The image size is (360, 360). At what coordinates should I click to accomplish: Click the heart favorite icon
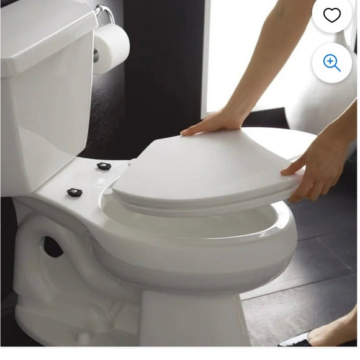332,16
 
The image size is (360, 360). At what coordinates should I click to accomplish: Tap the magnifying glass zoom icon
332,63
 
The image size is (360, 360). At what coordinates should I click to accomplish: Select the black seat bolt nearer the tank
104,166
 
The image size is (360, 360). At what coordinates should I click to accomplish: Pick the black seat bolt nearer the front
75,192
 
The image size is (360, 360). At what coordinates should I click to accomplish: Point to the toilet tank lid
43,31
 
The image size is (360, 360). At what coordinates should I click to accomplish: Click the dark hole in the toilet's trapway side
53,247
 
